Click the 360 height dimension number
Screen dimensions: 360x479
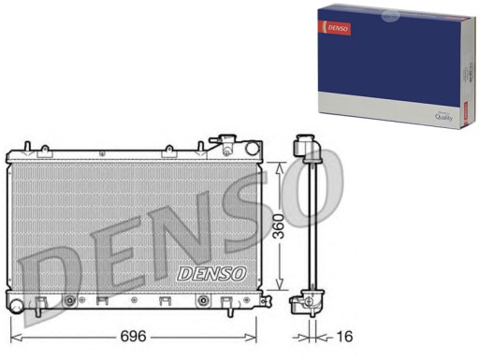pos(279,228)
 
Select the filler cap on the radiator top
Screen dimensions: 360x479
pos(228,142)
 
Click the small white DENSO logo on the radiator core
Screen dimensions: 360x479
pos(211,273)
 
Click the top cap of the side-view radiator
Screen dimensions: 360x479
pos(303,144)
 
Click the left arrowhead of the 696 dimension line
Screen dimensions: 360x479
pos(13,334)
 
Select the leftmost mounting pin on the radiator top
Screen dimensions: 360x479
pos(28,147)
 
